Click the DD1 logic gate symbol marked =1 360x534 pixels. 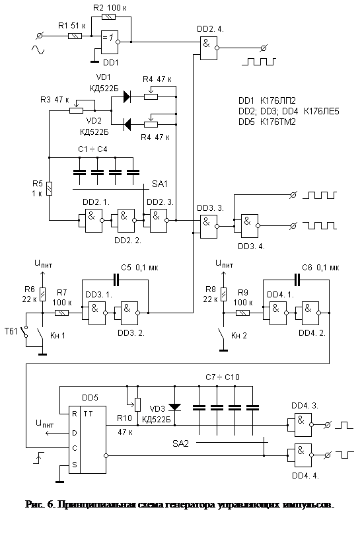pyautogui.click(x=110, y=42)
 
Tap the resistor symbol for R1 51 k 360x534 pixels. pyautogui.click(x=75, y=36)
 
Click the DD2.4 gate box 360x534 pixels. pyautogui.click(x=208, y=48)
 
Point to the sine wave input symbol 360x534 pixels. pyautogui.click(x=38, y=50)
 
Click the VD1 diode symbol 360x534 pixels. pyautogui.click(x=127, y=96)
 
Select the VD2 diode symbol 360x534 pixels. pyautogui.click(x=127, y=124)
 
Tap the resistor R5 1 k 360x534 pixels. pyautogui.click(x=50, y=188)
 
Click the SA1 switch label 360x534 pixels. pyautogui.click(x=160, y=184)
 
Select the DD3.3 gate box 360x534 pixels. pyautogui.click(x=208, y=227)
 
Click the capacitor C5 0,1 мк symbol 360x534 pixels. pyautogui.click(x=116, y=280)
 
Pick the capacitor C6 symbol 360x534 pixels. pyautogui.click(x=297, y=280)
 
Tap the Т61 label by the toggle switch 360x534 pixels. pyautogui.click(x=11, y=331)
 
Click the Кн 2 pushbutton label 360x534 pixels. pyautogui.click(x=238, y=336)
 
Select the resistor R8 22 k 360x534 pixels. pyautogui.click(x=223, y=295)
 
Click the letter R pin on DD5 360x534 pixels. pyautogui.click(x=75, y=414)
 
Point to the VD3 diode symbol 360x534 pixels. pyautogui.click(x=175, y=407)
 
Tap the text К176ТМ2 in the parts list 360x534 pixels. pyautogui.click(x=277, y=122)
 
